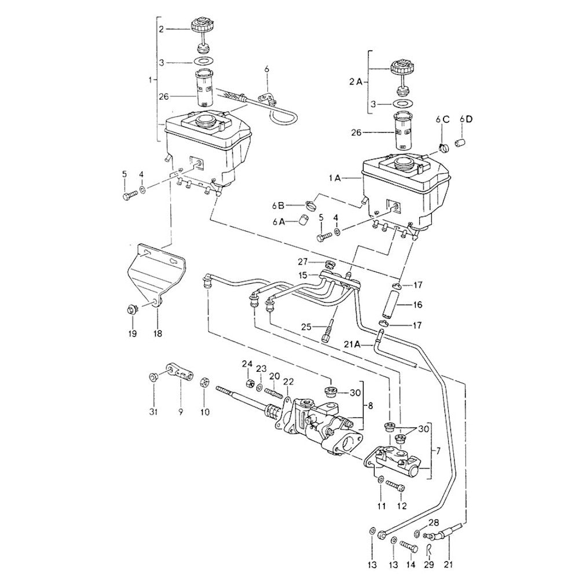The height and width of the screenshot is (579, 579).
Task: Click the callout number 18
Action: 157,334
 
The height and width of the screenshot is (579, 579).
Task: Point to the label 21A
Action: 353,344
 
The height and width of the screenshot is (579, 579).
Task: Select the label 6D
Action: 466,119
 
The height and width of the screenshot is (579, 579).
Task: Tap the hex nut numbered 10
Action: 204,382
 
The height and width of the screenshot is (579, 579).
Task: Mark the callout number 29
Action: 429,564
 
